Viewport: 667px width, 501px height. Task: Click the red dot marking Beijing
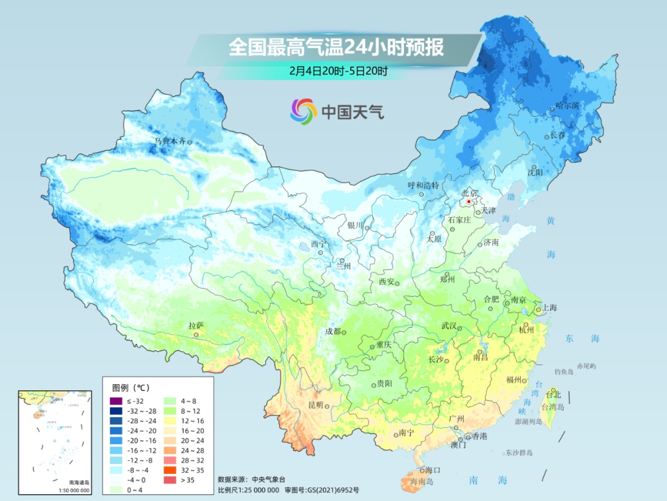pos(469,202)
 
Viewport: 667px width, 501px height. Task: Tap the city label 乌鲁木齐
pos(170,142)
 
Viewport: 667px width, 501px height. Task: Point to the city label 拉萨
pos(196,325)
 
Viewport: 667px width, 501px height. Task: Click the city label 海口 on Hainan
pos(433,471)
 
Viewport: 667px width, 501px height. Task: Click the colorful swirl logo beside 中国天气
pos(303,111)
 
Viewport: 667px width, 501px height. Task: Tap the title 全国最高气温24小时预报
pos(336,48)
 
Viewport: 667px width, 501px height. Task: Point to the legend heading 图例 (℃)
pos(131,388)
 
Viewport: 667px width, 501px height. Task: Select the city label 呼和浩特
pos(424,185)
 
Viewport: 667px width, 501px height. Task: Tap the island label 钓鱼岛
pos(564,371)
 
